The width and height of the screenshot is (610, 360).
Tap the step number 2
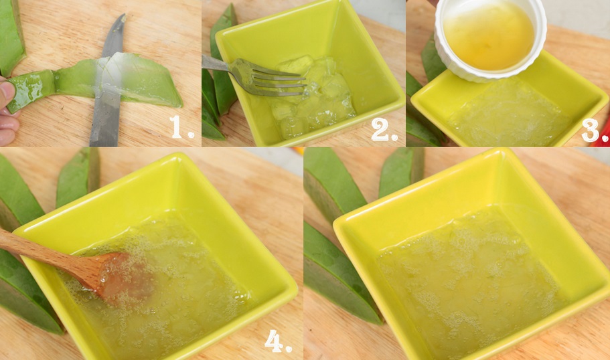pos(383,128)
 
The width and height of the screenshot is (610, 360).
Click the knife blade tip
pos(124,15)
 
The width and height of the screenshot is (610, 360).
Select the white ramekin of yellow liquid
pos(490,39)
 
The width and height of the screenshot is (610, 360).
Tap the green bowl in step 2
pos(307,74)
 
